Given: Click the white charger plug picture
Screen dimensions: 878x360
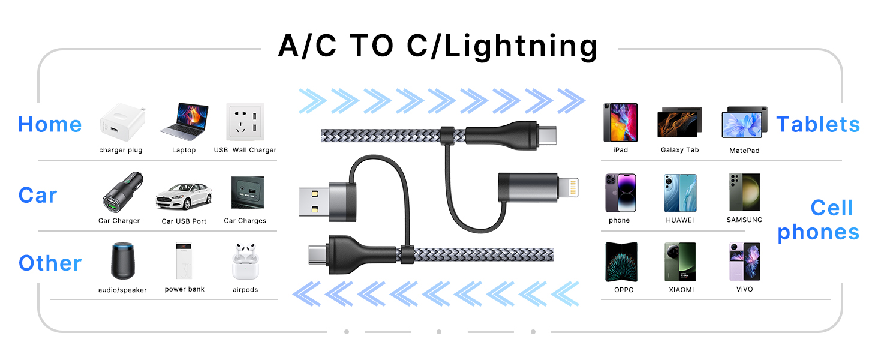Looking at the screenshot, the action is tap(123, 122).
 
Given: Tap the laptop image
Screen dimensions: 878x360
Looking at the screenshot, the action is tap(184, 122).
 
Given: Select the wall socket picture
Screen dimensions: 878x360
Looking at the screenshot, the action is tap(245, 122).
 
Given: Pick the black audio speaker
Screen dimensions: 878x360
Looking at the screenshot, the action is tap(123, 261).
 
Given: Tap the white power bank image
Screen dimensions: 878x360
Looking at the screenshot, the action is tap(184, 261).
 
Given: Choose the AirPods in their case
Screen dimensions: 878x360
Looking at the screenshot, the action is tap(245, 261).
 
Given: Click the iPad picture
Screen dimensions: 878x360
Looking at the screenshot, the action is tap(621, 122).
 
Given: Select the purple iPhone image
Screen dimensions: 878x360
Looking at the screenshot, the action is tap(621, 193).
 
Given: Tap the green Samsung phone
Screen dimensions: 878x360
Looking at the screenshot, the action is tap(744, 192).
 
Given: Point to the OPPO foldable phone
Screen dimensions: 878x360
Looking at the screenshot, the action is tap(621, 262).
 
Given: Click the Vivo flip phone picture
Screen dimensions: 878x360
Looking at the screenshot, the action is tap(744, 262).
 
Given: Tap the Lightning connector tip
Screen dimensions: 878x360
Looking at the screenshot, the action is tap(569, 187).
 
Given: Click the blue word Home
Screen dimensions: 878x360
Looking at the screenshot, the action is tap(50, 124).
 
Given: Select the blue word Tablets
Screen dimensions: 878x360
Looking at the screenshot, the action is tap(818, 124).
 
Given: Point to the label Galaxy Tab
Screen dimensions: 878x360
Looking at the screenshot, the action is tap(679, 150).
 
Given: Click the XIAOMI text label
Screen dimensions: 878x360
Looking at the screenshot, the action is tap(681, 290).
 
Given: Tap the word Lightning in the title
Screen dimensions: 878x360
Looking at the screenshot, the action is tap(521, 47).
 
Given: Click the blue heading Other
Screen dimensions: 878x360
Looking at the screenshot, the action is tap(50, 263).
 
